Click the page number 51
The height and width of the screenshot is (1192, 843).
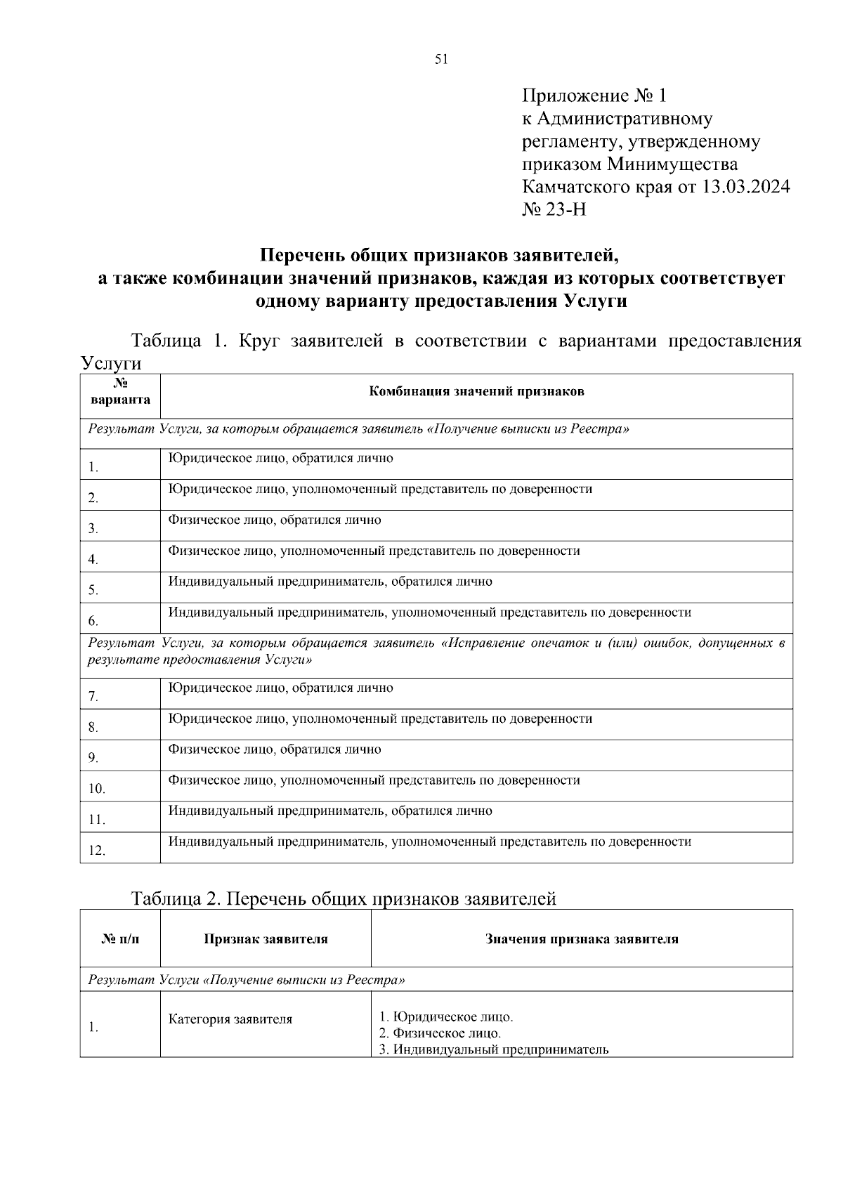[x=441, y=60]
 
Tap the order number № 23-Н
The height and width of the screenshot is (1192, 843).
[x=554, y=209]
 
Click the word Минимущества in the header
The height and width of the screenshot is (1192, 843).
[x=672, y=164]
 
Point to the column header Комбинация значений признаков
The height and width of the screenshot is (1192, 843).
[x=476, y=392]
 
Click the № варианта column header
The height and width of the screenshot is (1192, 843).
[x=120, y=392]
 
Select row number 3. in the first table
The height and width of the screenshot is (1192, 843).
[x=93, y=529]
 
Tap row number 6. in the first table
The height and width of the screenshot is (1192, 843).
[x=93, y=621]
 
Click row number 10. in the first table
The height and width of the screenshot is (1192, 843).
[x=96, y=789]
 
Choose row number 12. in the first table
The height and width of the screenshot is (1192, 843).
[x=96, y=851]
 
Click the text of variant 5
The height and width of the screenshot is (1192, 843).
[x=330, y=582]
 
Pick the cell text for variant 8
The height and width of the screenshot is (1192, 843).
[x=380, y=719]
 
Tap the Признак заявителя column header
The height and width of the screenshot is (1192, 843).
[x=266, y=939]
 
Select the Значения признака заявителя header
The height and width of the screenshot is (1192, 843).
[x=582, y=939]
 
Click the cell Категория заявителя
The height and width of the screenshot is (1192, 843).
[x=230, y=1019]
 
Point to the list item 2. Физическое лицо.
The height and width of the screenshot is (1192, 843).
[x=440, y=1033]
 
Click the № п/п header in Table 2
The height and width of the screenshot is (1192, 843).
[x=120, y=939]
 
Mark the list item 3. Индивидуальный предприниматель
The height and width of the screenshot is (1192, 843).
[x=493, y=1050]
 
